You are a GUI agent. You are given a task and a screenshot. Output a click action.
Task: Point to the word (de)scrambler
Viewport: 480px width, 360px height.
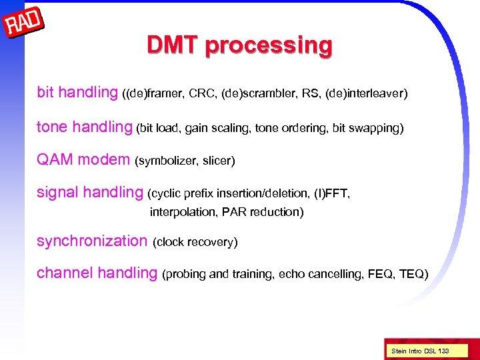click(x=255, y=94)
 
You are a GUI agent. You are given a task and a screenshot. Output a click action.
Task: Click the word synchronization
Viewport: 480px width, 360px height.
click(x=91, y=241)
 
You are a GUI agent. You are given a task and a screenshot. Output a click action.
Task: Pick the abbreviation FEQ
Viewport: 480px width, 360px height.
click(x=381, y=274)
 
